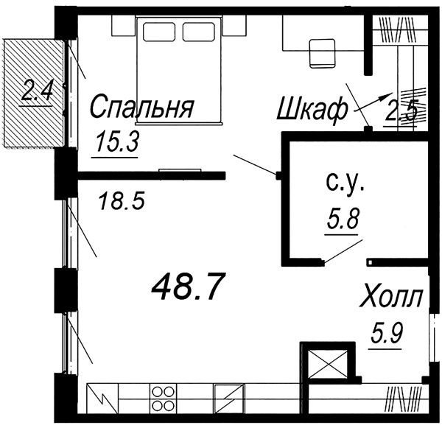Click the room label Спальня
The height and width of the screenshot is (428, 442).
[141, 107]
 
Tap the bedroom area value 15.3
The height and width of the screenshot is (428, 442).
[116, 142]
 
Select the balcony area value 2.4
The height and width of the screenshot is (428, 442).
[36, 90]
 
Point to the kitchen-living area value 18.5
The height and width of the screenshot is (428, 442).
[122, 200]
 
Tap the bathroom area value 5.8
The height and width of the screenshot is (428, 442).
[343, 218]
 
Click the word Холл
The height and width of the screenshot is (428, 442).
[392, 297]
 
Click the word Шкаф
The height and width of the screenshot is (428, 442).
[312, 110]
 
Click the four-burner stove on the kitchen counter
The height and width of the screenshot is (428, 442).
[163, 399]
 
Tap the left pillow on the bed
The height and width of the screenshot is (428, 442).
[159, 32]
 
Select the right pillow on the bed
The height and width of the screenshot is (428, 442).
[199, 32]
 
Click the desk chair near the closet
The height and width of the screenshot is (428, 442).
[323, 54]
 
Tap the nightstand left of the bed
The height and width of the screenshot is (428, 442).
[124, 25]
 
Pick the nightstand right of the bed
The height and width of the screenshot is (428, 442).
[234, 25]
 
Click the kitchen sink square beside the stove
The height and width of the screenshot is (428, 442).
[229, 399]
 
